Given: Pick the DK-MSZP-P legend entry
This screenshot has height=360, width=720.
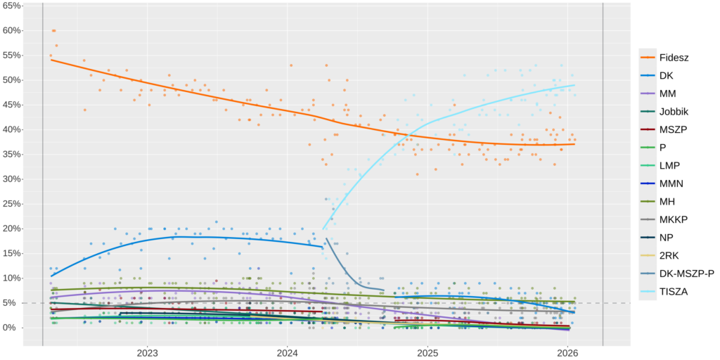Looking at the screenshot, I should click(679, 274).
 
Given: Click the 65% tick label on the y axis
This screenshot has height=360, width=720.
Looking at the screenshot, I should click(12, 6).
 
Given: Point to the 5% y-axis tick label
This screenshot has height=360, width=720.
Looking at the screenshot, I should click(14, 303).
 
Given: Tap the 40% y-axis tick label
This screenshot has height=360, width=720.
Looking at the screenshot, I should click(12, 129).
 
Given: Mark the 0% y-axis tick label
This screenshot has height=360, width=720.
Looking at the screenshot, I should click(14, 328).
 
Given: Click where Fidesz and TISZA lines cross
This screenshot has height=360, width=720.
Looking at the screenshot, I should click(401, 134).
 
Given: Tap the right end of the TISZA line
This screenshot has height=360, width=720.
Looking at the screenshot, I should click(574, 85).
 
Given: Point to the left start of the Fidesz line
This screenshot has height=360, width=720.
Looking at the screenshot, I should click(51, 60).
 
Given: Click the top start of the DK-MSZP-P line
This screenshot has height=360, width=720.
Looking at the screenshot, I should click(327, 239).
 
